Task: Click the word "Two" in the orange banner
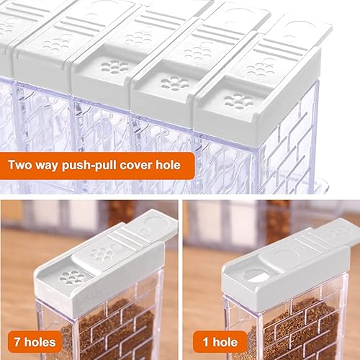[20, 165]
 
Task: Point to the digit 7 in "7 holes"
[17, 342]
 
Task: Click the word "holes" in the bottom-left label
[40, 342]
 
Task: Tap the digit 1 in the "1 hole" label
[206, 342]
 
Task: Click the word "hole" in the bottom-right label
[225, 342]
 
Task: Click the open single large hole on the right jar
[256, 276]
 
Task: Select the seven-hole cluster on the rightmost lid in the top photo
[238, 102]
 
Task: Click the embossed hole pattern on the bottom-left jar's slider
[102, 253]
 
